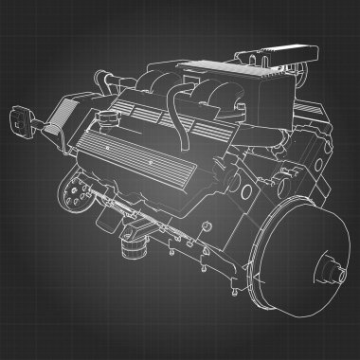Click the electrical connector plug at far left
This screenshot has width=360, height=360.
click(19, 120)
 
